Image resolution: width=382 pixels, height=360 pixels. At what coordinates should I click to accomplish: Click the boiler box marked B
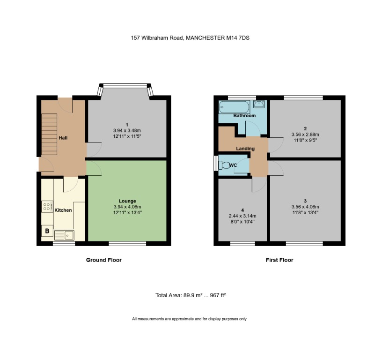(x=47, y=231)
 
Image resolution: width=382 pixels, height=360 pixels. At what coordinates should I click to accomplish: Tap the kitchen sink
(x=64, y=235)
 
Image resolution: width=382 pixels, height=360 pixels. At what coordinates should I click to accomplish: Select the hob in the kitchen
(x=47, y=207)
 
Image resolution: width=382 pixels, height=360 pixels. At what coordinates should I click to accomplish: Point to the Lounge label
(x=127, y=201)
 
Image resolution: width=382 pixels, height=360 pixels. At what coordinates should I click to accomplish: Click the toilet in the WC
(x=226, y=165)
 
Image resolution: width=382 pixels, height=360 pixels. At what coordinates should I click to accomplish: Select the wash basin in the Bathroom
(x=260, y=104)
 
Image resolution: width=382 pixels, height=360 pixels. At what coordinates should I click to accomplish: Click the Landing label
(x=245, y=149)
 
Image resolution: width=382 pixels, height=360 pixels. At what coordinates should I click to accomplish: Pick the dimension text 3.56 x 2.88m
(x=305, y=134)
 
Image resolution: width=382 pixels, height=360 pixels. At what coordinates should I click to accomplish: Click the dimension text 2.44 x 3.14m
(x=242, y=216)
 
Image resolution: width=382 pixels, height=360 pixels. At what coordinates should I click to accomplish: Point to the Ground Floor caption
(x=103, y=260)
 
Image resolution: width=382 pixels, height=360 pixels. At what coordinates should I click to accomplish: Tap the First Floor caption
(x=279, y=260)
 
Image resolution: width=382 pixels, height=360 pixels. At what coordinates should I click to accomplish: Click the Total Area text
(x=191, y=295)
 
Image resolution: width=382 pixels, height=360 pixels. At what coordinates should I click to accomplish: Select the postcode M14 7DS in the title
(x=238, y=38)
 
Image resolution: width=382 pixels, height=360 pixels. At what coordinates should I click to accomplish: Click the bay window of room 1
(x=126, y=86)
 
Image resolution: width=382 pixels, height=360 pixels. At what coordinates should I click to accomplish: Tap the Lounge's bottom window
(x=121, y=244)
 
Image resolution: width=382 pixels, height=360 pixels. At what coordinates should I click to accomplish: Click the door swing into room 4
(x=258, y=185)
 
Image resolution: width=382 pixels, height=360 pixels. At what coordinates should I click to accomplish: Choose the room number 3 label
(x=305, y=201)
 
